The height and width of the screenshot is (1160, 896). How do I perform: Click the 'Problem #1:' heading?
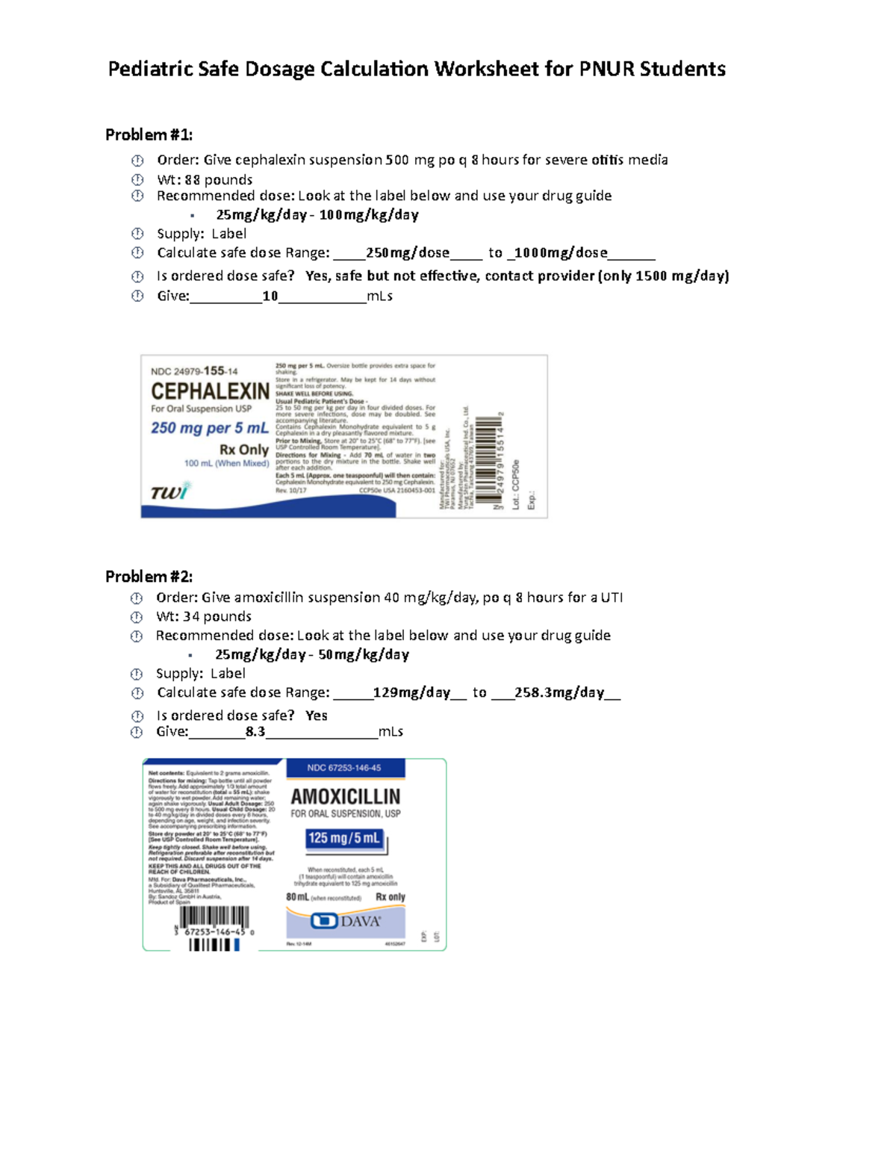[x=149, y=134]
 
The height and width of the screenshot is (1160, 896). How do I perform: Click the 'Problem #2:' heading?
[x=149, y=576]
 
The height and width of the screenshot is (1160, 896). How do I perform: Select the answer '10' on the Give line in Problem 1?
[x=270, y=296]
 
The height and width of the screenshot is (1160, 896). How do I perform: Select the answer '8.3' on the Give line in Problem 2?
[x=255, y=731]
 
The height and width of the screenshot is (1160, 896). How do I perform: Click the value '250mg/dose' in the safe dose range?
[x=407, y=252]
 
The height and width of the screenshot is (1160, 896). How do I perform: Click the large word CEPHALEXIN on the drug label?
[x=210, y=391]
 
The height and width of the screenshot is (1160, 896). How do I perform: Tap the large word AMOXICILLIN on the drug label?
[x=345, y=796]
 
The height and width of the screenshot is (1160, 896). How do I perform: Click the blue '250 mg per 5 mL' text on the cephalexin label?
[x=209, y=428]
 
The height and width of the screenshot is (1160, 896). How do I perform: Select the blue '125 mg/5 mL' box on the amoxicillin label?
[x=344, y=838]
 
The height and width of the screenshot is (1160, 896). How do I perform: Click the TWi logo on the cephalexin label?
[x=170, y=491]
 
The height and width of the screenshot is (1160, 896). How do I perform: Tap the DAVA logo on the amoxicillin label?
[x=345, y=921]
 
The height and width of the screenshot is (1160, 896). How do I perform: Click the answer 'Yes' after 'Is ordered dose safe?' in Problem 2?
[x=316, y=716]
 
